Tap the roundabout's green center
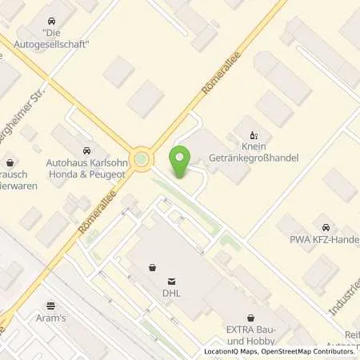pos(142,159)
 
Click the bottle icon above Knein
pos(254,134)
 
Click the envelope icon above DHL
pos(170,282)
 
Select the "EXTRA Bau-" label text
pos(250,330)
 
